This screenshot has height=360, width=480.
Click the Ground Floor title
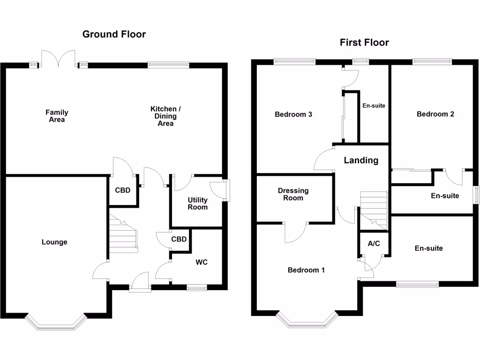click(x=114, y=34)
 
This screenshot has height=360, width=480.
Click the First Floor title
click(x=364, y=43)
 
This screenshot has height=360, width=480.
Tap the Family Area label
click(x=57, y=116)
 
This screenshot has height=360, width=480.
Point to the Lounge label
click(x=54, y=242)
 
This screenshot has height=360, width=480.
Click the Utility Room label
click(x=197, y=203)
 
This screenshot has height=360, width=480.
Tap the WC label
click(x=202, y=262)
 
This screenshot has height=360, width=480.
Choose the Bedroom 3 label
click(x=293, y=114)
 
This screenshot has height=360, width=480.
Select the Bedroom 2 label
click(x=435, y=114)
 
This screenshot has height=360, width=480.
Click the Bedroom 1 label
click(x=306, y=270)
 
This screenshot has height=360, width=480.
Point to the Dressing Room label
click(x=293, y=194)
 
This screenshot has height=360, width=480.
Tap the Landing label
click(x=361, y=160)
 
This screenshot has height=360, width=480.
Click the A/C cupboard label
click(x=374, y=243)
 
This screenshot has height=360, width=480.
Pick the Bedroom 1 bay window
click(x=307, y=320)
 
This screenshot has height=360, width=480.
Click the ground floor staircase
click(x=123, y=234)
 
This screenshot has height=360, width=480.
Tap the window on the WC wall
click(x=196, y=287)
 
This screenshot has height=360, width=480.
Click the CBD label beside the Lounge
click(x=122, y=190)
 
